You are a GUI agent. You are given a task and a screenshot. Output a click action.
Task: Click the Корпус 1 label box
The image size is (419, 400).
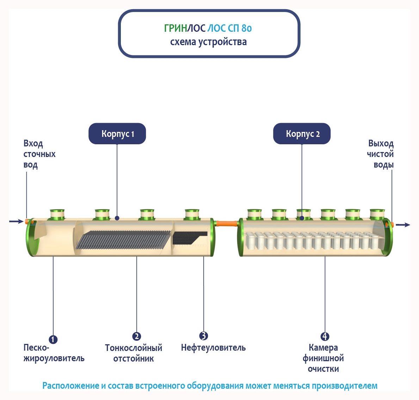point(117,134)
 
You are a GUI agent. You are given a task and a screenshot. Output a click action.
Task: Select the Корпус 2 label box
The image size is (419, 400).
point(302,134)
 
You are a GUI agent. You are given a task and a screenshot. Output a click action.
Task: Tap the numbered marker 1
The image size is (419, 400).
point(53,340)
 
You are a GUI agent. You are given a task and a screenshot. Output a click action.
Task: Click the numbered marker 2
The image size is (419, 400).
point(136,337)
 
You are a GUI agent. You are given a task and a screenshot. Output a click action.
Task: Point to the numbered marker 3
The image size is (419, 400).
point(203,336)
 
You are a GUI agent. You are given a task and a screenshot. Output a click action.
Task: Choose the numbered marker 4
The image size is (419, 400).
point(325,337)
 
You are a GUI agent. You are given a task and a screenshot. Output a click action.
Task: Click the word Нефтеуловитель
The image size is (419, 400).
point(213,348)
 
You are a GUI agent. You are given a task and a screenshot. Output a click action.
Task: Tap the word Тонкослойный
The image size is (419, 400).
point(134,348)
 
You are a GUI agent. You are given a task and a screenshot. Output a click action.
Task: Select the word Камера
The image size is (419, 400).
point(323,348)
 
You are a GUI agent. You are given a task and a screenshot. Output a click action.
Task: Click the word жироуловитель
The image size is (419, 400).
point(54,358)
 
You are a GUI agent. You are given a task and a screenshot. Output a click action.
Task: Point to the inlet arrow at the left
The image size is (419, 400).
point(16,221)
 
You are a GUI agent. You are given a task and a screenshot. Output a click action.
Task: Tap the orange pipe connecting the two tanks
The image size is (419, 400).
point(227,223)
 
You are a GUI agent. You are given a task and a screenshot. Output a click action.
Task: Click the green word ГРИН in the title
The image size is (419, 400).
point(175,28)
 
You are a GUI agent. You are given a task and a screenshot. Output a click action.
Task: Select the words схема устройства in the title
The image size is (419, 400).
point(208,42)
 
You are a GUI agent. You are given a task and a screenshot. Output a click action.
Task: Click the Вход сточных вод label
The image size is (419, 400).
point(39,154)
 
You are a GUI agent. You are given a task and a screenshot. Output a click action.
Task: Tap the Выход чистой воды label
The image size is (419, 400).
point(380,154)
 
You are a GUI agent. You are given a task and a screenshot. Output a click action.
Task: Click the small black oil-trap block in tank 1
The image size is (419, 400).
point(189,238)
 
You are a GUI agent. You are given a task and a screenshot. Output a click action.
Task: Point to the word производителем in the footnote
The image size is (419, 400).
point(344,386)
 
